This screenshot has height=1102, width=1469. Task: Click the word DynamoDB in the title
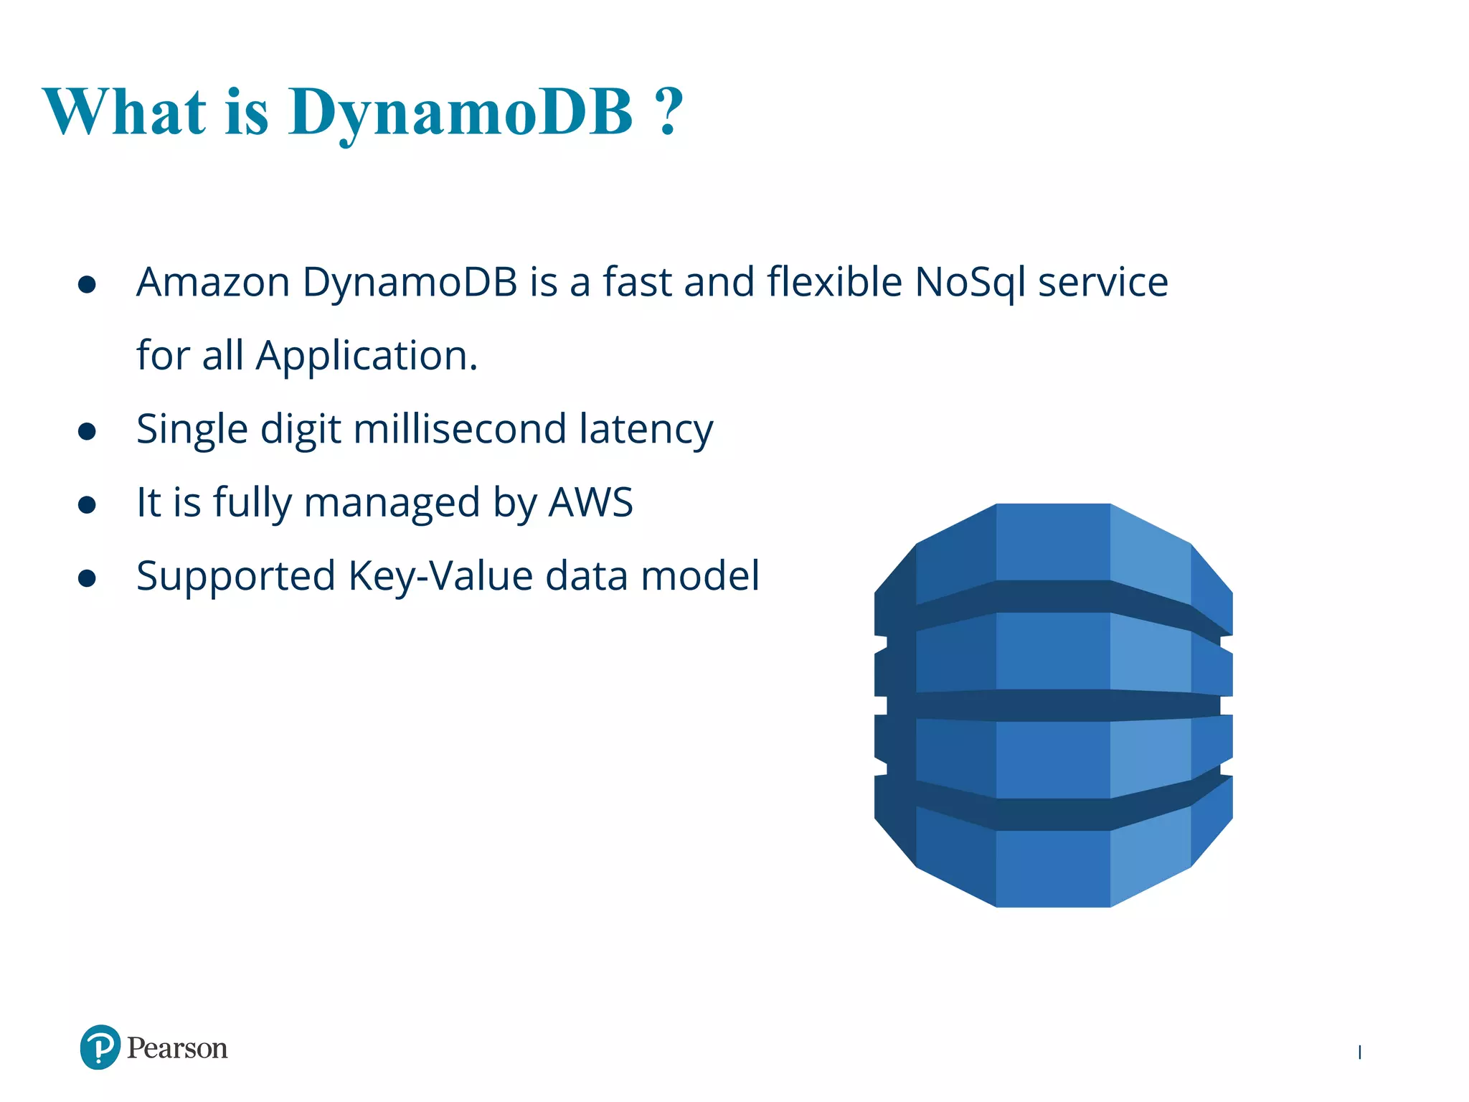tap(460, 113)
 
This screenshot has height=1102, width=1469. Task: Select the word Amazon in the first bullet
tap(213, 282)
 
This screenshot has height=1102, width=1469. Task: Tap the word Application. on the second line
tap(367, 356)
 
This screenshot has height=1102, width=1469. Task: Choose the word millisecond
tap(460, 429)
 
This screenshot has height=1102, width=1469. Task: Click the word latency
tap(646, 430)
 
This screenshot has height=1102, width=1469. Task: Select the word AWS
tap(591, 502)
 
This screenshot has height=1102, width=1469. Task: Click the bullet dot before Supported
tap(87, 578)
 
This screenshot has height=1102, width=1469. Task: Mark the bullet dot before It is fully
tap(87, 504)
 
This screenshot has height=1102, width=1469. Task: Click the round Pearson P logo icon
tap(100, 1047)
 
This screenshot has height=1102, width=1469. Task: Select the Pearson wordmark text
tap(177, 1048)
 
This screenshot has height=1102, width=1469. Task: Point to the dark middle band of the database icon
tap(1053, 705)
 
